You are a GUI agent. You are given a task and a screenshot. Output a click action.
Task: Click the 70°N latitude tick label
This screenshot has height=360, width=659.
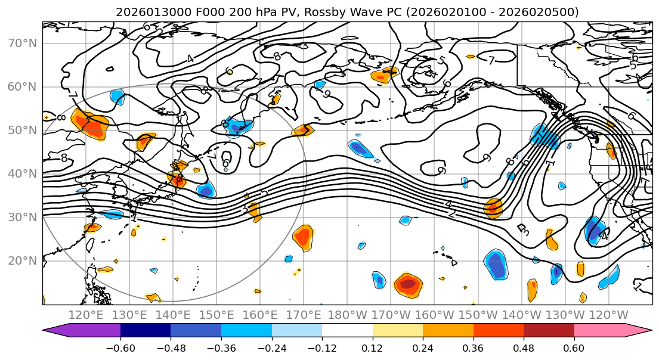(22, 44)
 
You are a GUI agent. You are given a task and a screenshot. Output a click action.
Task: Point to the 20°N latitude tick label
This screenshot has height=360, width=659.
(22, 261)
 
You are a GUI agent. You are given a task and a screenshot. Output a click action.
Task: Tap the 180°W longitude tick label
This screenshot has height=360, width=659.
(348, 315)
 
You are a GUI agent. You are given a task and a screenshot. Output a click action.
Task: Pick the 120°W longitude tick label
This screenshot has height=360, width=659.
(608, 315)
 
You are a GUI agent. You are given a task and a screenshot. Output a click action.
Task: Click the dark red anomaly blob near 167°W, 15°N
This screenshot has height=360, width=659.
(409, 284)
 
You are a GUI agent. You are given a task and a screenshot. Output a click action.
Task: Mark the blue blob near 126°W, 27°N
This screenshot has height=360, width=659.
(594, 230)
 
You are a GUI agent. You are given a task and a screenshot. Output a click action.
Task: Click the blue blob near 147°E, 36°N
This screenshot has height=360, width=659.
(206, 190)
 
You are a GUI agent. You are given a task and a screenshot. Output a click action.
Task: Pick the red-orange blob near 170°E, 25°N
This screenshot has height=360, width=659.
(303, 237)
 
